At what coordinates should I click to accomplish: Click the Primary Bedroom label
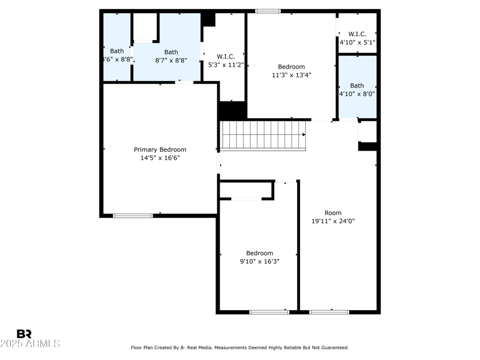pos(160,149)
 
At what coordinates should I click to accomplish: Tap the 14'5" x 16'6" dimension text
pos(160,158)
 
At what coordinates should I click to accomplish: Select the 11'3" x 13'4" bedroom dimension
pos(292,75)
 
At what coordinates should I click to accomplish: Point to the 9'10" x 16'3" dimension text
pos(260,262)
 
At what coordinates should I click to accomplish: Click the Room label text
pos(333,213)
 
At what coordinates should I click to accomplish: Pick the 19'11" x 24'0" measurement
pos(333,221)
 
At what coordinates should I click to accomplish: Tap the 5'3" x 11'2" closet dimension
pos(226,65)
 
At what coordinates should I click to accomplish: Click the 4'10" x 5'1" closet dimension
pos(357,42)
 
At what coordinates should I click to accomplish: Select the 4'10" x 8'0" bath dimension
pos(357,94)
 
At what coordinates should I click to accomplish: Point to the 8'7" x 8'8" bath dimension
pos(171,61)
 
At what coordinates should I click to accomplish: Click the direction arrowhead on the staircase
pos(304,134)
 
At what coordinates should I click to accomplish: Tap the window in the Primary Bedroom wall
pos(133,216)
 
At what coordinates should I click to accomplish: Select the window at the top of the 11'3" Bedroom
pos(268,11)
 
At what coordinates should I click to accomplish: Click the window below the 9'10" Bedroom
pos(269,312)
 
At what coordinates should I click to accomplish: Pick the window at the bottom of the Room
pos(329,312)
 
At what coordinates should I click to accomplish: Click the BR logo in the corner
pos(24,334)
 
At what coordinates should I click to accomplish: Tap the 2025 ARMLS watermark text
pos(29,343)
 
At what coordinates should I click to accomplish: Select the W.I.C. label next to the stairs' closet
pos(226,56)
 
